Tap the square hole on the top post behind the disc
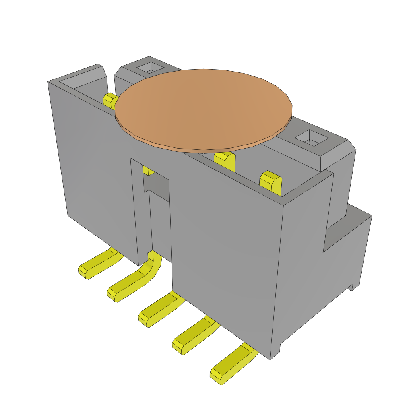[150, 68]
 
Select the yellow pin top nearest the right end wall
[271, 182]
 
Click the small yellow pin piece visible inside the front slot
[148, 171]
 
